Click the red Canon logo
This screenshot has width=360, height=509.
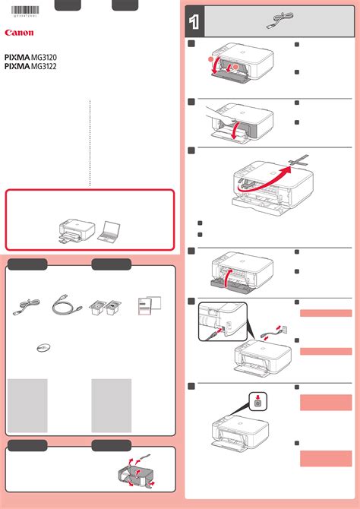19,33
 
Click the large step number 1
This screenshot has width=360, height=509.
195,24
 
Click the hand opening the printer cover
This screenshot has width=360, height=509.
217,115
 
